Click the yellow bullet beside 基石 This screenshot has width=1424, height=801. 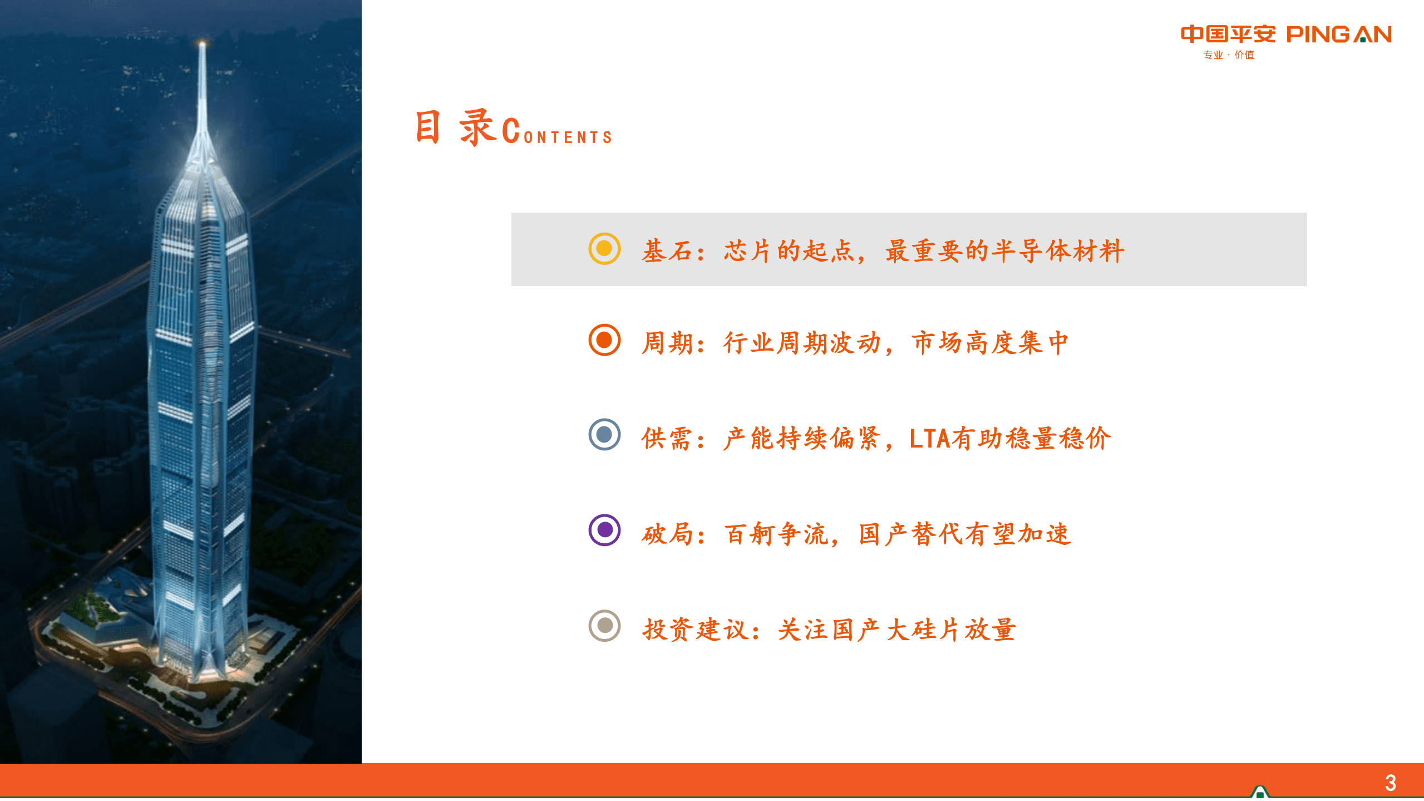[x=604, y=249]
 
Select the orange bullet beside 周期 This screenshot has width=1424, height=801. [x=604, y=340]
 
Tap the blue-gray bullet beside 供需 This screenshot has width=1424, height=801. [x=604, y=435]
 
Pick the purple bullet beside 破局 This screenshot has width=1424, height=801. [x=604, y=530]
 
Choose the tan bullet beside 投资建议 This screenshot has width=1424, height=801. [x=604, y=626]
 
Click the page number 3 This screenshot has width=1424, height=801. [x=1391, y=783]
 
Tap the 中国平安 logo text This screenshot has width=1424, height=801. [x=1228, y=35]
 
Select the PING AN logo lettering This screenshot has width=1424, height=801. [x=1339, y=35]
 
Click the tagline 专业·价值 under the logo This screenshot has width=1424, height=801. [x=1229, y=55]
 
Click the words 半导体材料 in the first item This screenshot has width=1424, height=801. [x=1058, y=251]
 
